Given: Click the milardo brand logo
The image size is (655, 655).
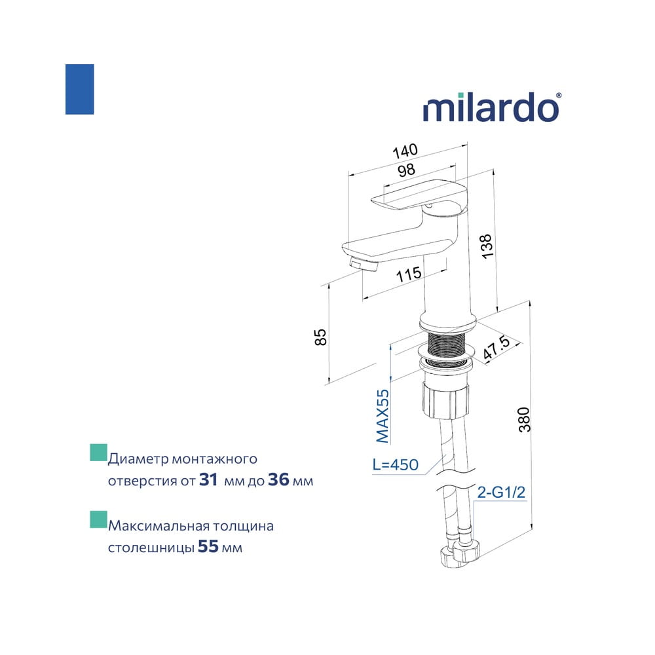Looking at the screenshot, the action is tap(492, 107).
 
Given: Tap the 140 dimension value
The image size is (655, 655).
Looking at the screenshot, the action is tap(405, 151).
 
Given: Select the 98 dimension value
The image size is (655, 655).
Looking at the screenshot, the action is tap(407, 170).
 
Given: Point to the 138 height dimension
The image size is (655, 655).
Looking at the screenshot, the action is tap(487, 246).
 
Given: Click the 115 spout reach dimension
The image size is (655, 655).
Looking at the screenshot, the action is tap(409, 274).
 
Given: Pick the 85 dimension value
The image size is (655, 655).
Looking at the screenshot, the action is tap(320, 337).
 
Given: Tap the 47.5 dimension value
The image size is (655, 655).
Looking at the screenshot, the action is tap(496, 348).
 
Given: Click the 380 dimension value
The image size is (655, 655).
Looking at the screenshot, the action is tap(524, 419).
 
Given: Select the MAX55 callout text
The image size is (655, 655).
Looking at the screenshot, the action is tap(383, 416).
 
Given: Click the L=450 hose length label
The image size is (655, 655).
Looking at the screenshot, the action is tap(395, 464).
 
